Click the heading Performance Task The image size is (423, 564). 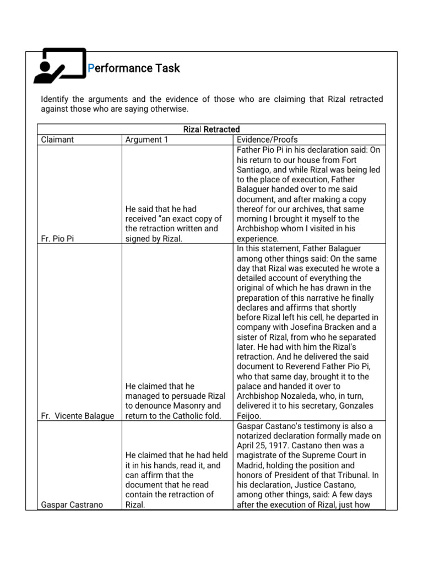tap(134, 68)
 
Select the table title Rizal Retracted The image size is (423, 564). tap(211, 129)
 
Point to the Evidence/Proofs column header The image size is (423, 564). tap(267, 140)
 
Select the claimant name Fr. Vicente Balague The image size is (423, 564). tap(78, 416)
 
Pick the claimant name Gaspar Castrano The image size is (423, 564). tap(72, 505)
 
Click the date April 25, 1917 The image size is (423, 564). tap(263, 446)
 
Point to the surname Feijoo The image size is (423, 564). tap(251, 416)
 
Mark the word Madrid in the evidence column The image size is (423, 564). tap(251, 465)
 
